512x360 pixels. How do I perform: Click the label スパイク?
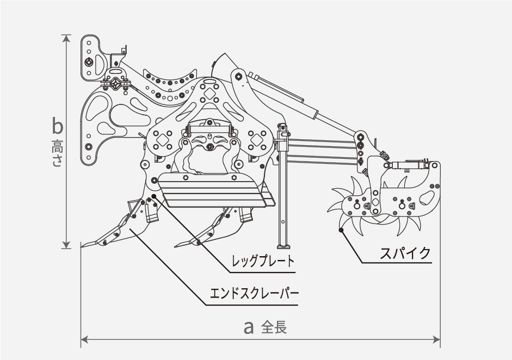[405, 253]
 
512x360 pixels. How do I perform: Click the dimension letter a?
[249, 327]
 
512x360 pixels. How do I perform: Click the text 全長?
[274, 327]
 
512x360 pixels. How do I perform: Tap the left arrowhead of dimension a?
[84, 341]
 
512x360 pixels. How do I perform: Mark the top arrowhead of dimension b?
[67, 38]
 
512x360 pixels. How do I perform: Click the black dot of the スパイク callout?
[341, 231]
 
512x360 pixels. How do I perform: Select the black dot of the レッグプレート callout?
[155, 196]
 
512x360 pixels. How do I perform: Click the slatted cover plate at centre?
[212, 190]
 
